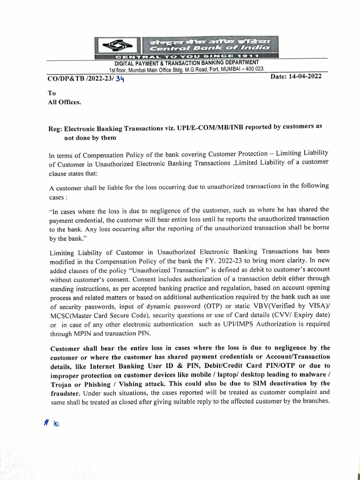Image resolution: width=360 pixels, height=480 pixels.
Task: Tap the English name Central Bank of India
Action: click(x=210, y=48)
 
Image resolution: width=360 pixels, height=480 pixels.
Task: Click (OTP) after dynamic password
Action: click(x=202, y=307)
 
